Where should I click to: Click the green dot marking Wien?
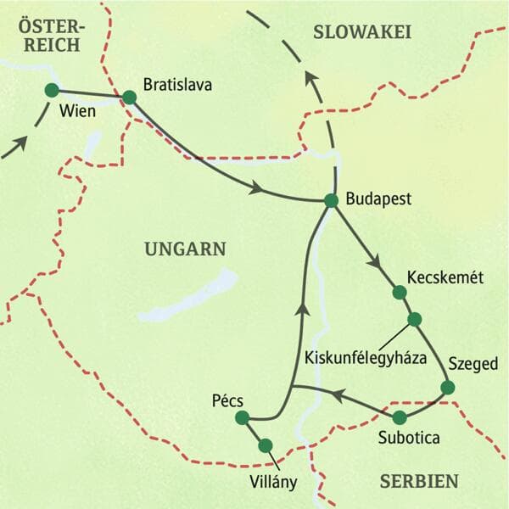tap(52, 90)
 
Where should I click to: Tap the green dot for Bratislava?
tap(129, 98)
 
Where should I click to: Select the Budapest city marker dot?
tap(332, 200)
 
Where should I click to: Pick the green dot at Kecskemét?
tap(400, 293)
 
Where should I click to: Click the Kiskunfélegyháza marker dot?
tap(414, 319)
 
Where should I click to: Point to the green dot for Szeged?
tap(448, 388)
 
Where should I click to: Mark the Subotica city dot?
tap(400, 417)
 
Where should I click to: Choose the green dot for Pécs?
tap(242, 417)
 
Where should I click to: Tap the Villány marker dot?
tap(265, 445)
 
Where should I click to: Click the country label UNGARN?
tap(185, 249)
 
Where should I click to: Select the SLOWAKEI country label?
tap(362, 32)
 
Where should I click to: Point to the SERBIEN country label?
tap(419, 481)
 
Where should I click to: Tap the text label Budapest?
tap(379, 200)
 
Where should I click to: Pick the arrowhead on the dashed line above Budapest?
tap(312, 82)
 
